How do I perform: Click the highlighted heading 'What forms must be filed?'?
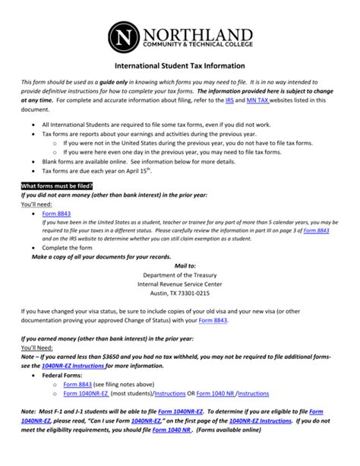coord(58,185)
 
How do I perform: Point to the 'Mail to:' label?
coord(180,266)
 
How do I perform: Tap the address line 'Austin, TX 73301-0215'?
coord(180,293)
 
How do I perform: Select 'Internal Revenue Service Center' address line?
coord(180,284)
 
